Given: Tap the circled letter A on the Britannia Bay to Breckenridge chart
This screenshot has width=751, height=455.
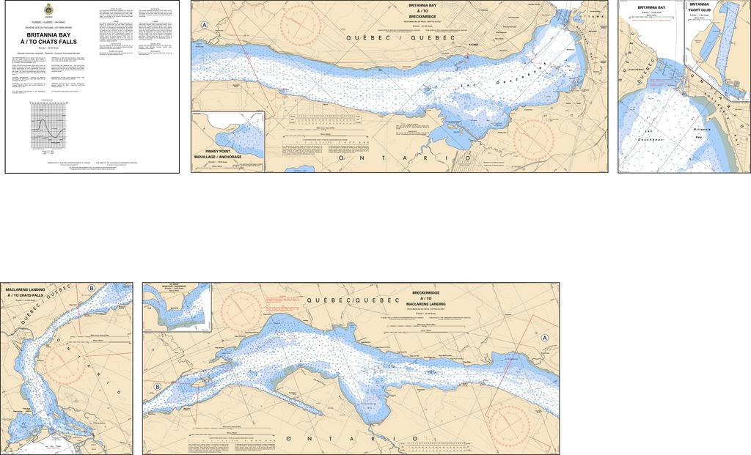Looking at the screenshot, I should tap(205, 25).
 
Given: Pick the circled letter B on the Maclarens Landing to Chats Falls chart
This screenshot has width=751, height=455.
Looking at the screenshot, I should tap(91, 288).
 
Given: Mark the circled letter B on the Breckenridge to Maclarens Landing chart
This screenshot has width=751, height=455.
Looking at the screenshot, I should tap(157, 387).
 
